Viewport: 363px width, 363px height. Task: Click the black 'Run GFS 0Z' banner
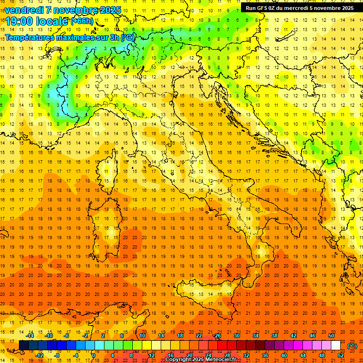[x=300, y=8]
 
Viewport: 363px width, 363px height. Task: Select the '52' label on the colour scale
[x=341, y=355]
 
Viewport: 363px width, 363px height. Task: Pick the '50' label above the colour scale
[x=331, y=336]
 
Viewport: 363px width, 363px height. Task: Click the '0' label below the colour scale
[x=94, y=355]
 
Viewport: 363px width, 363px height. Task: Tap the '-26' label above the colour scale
[x=217, y=336]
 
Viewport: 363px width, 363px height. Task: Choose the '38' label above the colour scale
[x=274, y=336]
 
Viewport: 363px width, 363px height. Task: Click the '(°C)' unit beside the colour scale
[x=352, y=346]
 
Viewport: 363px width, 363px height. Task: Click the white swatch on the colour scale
[x=336, y=346]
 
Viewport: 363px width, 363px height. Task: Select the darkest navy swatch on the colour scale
[x=24, y=346]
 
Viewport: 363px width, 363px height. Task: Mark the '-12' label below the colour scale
[x=39, y=355]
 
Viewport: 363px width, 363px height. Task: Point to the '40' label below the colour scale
[x=284, y=355]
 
